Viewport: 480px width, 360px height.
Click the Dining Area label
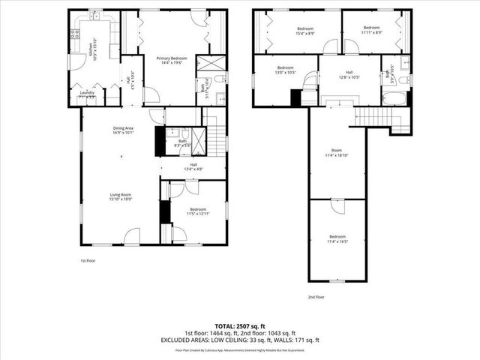tap(123, 130)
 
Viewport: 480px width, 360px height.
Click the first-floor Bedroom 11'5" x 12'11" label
tap(198, 211)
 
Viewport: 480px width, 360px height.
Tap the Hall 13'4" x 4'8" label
tap(193, 167)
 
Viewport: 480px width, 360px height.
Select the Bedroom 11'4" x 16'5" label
tap(337, 239)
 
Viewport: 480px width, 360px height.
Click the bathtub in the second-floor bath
tap(394, 97)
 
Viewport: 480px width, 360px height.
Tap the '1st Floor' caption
tap(88, 261)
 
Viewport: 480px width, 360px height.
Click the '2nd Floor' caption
tap(316, 297)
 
